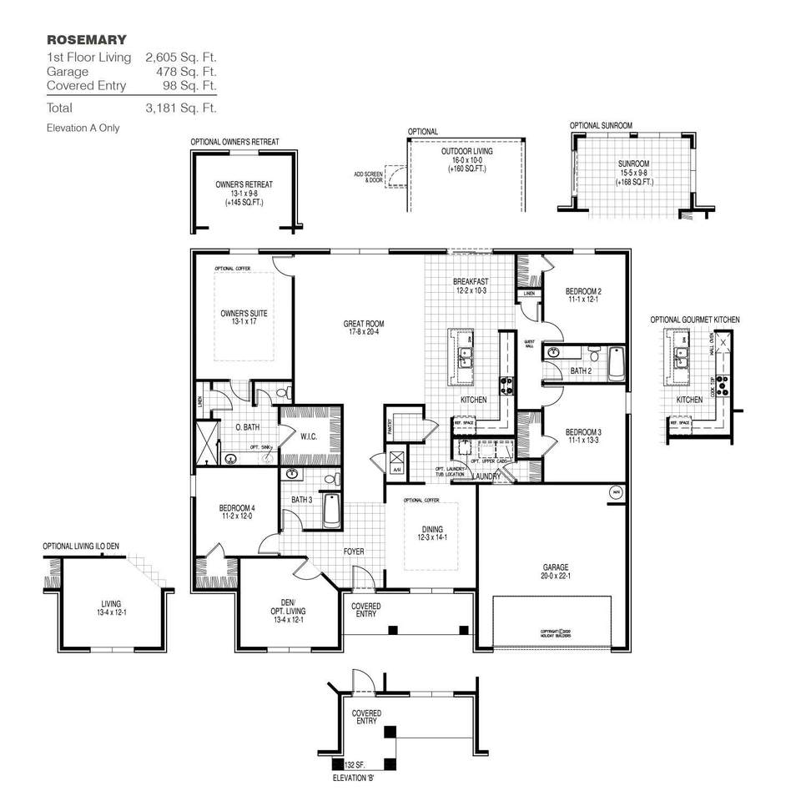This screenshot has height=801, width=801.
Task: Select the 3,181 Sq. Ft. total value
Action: tap(181, 108)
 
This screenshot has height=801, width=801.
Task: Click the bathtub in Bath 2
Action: tap(616, 363)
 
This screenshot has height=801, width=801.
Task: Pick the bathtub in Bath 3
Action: tap(331, 511)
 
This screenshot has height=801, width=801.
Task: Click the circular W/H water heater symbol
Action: tap(616, 491)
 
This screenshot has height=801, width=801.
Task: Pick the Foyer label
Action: tap(354, 552)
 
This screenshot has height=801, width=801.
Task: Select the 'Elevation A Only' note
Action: tap(83, 128)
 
